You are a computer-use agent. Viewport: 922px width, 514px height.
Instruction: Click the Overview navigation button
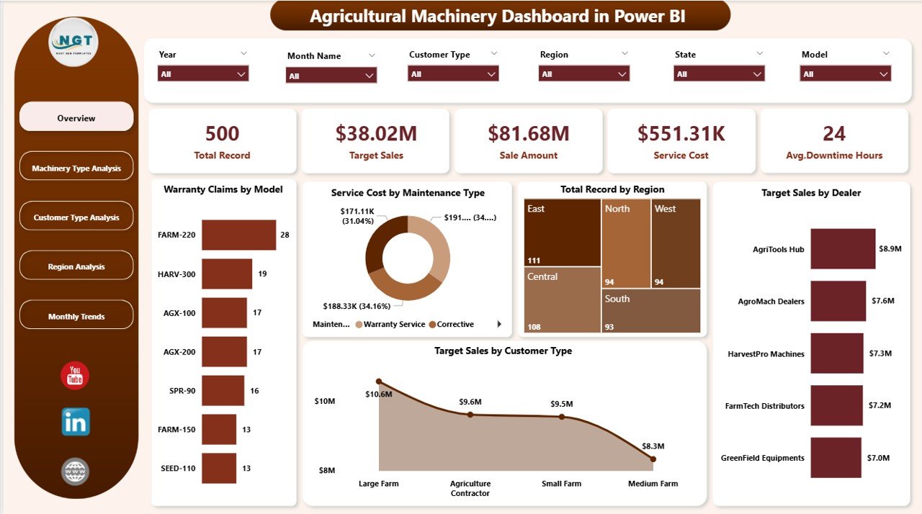[76, 117]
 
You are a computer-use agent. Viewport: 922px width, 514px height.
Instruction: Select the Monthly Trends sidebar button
[76, 316]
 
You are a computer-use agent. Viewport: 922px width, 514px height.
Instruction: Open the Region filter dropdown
[583, 73]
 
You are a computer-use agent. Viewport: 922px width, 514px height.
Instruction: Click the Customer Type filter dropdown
[453, 73]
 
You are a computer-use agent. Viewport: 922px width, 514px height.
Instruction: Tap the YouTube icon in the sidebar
[75, 376]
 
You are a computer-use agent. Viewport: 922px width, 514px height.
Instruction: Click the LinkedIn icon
[76, 422]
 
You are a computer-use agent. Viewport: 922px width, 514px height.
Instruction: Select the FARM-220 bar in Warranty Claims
[238, 235]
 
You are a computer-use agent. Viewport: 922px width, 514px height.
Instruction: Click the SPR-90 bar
[223, 391]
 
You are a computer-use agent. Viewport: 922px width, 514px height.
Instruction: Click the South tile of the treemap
[650, 310]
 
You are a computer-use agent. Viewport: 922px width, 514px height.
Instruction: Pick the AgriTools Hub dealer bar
[843, 249]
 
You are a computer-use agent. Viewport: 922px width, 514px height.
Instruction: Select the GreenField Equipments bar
[836, 458]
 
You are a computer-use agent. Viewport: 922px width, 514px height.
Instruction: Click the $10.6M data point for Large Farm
[379, 382]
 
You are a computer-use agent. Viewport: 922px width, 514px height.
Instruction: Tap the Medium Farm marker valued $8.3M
[653, 459]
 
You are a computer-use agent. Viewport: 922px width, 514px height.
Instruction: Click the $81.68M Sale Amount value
[528, 133]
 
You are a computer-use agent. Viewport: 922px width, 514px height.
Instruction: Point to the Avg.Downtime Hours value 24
[834, 133]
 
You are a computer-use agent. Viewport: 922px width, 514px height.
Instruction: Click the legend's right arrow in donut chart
[499, 325]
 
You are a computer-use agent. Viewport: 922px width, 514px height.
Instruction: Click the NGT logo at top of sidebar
[73, 42]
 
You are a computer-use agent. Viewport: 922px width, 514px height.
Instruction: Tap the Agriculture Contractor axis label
[470, 488]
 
